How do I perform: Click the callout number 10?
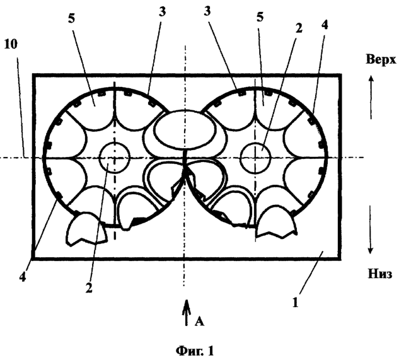coord(11,44)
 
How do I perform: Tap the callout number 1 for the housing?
coord(295,303)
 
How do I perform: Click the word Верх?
coord(381,59)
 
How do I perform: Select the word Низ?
coord(380,274)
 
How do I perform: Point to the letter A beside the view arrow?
coord(199,322)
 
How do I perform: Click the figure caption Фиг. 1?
coord(195,351)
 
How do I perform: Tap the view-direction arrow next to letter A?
coord(187,312)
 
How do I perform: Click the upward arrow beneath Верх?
coord(371,98)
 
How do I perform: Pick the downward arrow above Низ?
coord(370,229)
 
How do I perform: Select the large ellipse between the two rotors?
coord(185,130)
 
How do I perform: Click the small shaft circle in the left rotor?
coord(115,158)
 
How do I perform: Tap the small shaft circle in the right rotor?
coord(255,158)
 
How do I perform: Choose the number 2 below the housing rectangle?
coord(89,288)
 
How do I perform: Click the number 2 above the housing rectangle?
coord(299,28)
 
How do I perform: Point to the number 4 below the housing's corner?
coord(23,277)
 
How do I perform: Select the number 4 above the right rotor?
coord(324,25)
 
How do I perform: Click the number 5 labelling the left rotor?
coord(71,18)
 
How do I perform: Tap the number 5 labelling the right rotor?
coord(260,16)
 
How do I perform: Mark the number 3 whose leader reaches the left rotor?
coord(162,11)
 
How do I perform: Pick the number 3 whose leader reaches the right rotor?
coord(207,11)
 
